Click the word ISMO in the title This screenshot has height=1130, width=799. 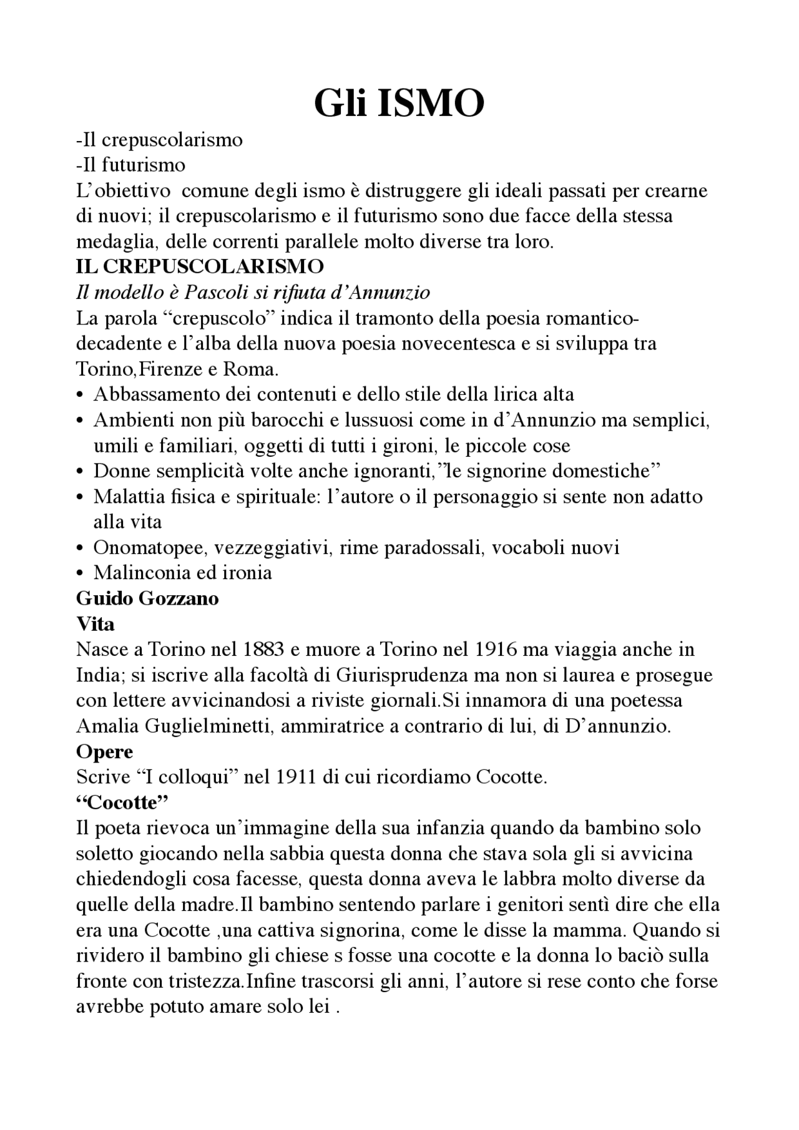[x=431, y=104]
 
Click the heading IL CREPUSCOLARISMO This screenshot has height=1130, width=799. [x=200, y=267]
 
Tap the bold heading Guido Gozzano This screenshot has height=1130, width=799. [x=147, y=598]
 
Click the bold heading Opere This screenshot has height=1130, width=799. [x=104, y=752]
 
